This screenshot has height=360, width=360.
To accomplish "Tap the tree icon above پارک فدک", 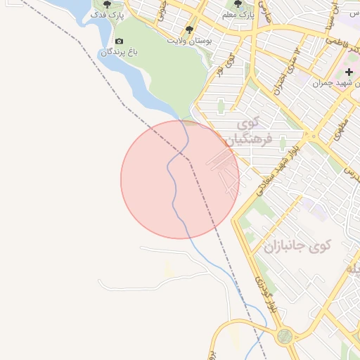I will click(107, 4).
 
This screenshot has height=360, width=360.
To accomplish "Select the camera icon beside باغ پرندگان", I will click(118, 41).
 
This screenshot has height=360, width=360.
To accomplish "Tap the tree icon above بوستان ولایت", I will click(188, 30).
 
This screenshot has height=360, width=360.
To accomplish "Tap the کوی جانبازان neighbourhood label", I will click(297, 246).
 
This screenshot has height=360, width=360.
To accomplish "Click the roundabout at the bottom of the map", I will click(285, 337).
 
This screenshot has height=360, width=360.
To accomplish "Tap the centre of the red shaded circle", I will click(180, 179).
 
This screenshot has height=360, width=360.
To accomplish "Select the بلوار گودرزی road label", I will click(262, 291).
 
